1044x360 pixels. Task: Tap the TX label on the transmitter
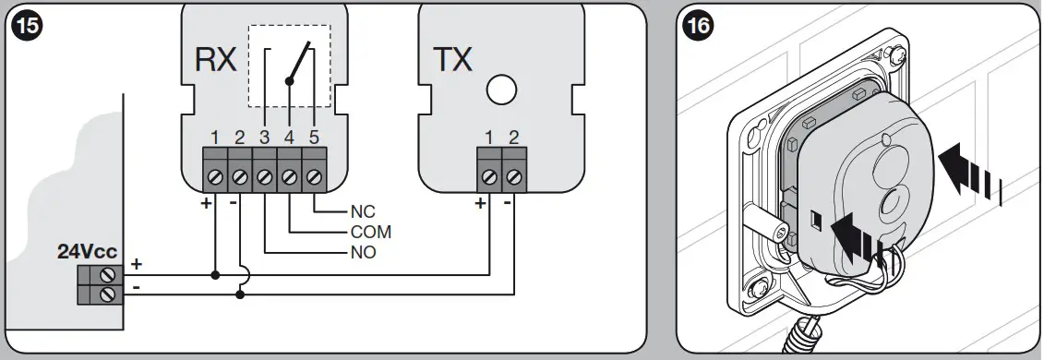(x=452, y=60)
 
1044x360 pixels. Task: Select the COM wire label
(x=371, y=232)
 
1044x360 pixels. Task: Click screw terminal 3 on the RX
(x=264, y=174)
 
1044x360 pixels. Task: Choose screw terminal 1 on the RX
(x=214, y=174)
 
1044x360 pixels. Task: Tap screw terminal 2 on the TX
(x=514, y=174)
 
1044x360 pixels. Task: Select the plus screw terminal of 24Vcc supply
(x=108, y=274)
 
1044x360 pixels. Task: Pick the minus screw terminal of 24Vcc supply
(x=108, y=294)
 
